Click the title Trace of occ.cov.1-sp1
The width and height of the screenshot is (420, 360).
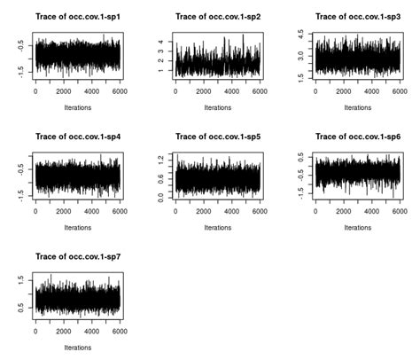pyautogui.click(x=76, y=16)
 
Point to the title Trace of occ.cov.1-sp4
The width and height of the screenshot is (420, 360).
pyautogui.click(x=76, y=137)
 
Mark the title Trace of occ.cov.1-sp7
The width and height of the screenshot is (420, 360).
pyautogui.click(x=76, y=256)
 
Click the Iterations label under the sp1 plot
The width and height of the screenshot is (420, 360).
pyautogui.click(x=77, y=107)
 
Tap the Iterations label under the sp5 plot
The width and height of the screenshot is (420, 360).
pyautogui.click(x=217, y=228)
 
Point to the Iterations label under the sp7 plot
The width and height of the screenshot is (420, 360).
pyautogui.click(x=77, y=348)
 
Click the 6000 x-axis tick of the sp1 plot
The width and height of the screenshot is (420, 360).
pyautogui.click(x=119, y=91)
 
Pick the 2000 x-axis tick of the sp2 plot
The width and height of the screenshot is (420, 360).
pyautogui.click(x=203, y=91)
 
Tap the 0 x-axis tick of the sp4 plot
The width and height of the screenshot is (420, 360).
pyautogui.click(x=35, y=212)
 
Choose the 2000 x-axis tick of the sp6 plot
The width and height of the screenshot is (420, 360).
pyautogui.click(x=343, y=212)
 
